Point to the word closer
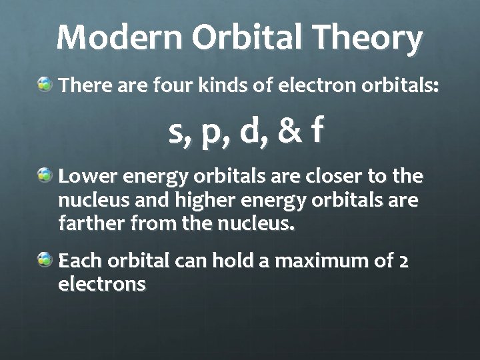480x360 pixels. pos(329,177)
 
